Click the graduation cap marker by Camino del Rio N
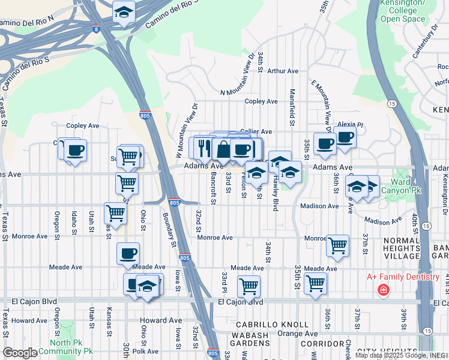pos(124,12)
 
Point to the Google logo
pos(20,353)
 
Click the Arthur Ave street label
pos(283,71)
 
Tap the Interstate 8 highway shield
pos(97,28)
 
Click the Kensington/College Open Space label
pos(402,10)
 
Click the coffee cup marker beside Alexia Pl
pos(345,137)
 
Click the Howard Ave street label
pos(29,320)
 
